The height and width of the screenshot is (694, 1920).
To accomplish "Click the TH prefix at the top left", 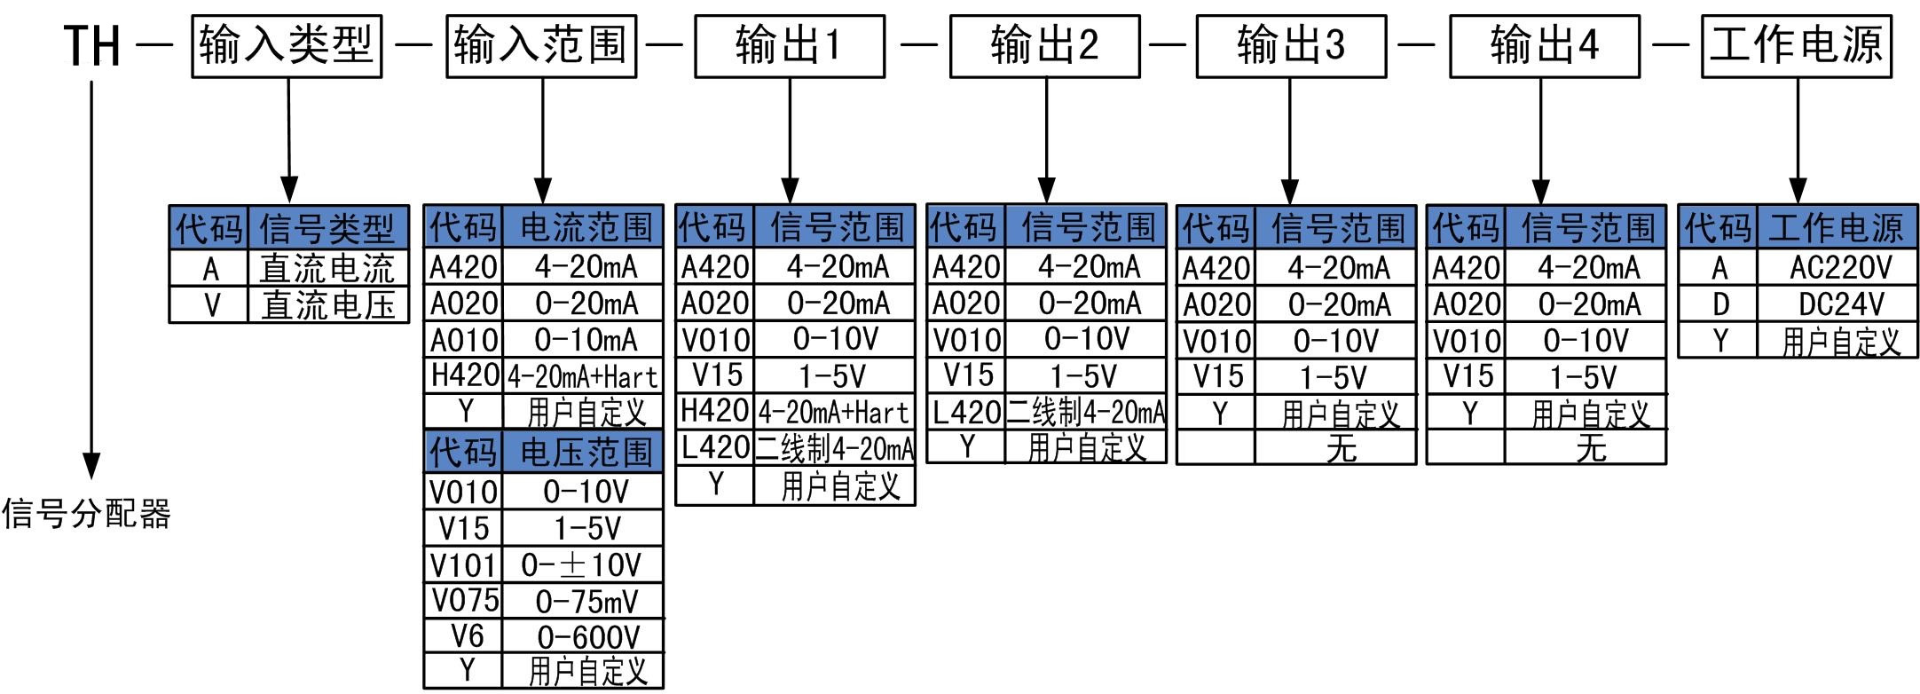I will [92, 45].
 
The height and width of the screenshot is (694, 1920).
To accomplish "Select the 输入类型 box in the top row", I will [287, 46].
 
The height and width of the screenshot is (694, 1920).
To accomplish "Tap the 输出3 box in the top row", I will [1290, 46].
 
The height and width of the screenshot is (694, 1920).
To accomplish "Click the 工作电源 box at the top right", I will [1796, 46].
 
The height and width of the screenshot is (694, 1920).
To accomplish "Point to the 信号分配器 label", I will [86, 514].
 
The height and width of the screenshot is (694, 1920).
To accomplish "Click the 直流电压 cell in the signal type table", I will [327, 305].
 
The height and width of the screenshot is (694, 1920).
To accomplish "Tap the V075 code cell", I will [464, 601].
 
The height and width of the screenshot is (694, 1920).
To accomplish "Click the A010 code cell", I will [464, 339].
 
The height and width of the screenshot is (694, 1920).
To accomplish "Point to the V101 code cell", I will [464, 564].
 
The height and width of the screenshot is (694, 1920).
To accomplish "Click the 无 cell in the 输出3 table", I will [1340, 447].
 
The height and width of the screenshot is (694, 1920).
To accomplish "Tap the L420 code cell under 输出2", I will [966, 412].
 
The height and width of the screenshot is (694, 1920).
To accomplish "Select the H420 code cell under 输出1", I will [714, 410].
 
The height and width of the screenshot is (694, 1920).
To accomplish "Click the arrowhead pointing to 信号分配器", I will [91, 465].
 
